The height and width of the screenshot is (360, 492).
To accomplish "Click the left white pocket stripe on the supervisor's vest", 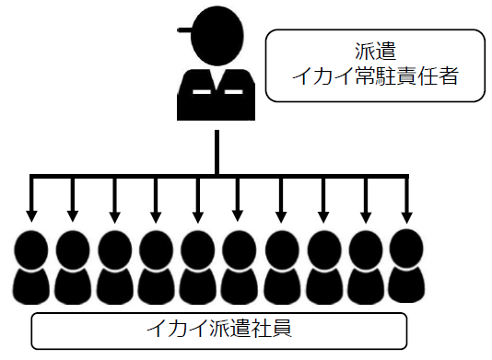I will tap(198, 93).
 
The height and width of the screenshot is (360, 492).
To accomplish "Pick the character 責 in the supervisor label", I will tap(415, 77).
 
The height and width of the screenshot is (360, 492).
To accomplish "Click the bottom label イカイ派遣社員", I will tap(219, 329).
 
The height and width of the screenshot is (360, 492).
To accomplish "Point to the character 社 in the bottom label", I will tap(258, 329).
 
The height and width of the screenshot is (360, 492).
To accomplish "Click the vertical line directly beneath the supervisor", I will tap(217, 152).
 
